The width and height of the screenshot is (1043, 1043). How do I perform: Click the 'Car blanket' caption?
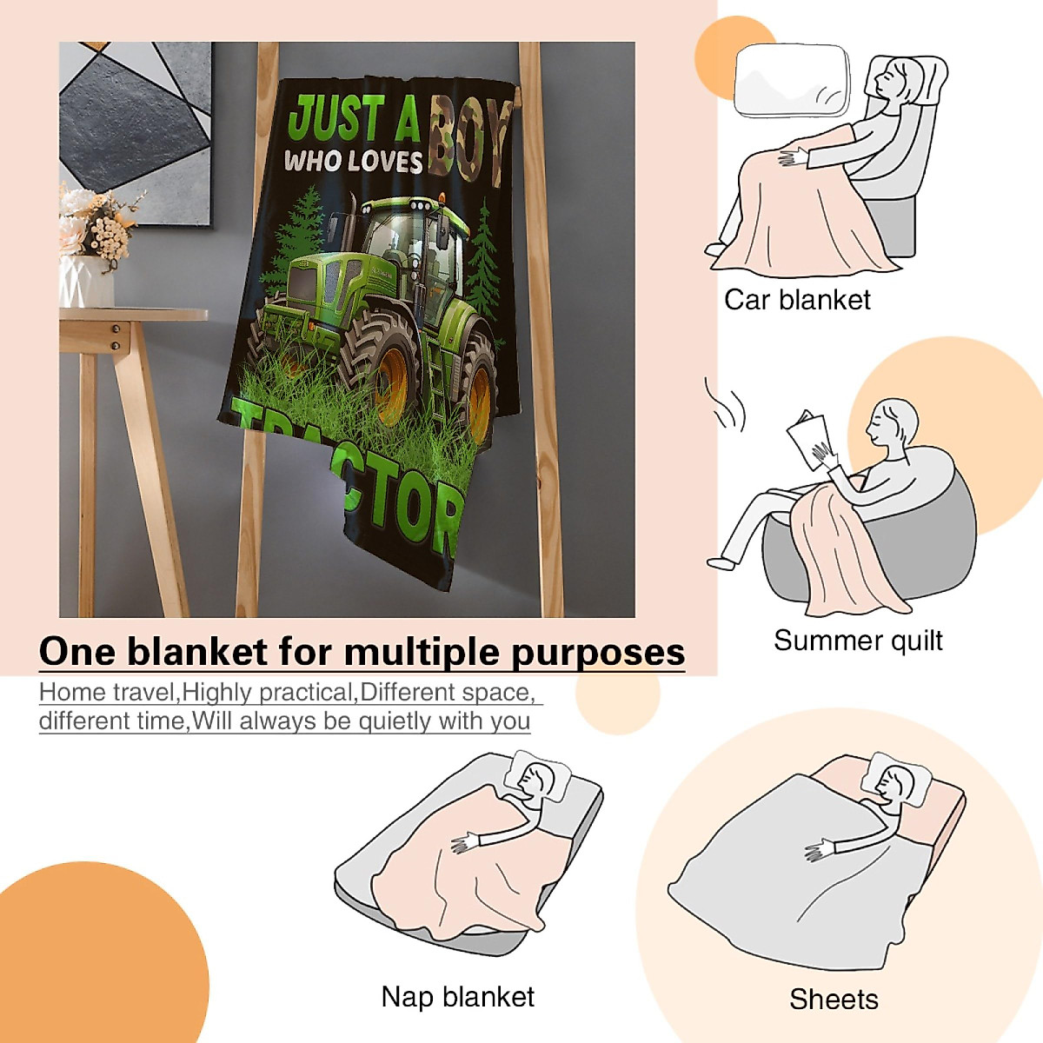point(797,300)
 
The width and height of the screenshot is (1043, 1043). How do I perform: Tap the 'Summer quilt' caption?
point(858,641)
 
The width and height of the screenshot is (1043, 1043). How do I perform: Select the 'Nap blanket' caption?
point(458,997)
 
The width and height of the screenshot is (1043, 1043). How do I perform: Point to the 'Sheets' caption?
point(834,1000)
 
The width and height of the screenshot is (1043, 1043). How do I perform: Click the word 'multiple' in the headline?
point(418,652)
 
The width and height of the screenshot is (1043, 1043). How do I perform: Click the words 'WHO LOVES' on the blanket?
point(353,162)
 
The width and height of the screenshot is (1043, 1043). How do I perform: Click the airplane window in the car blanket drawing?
point(791,81)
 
